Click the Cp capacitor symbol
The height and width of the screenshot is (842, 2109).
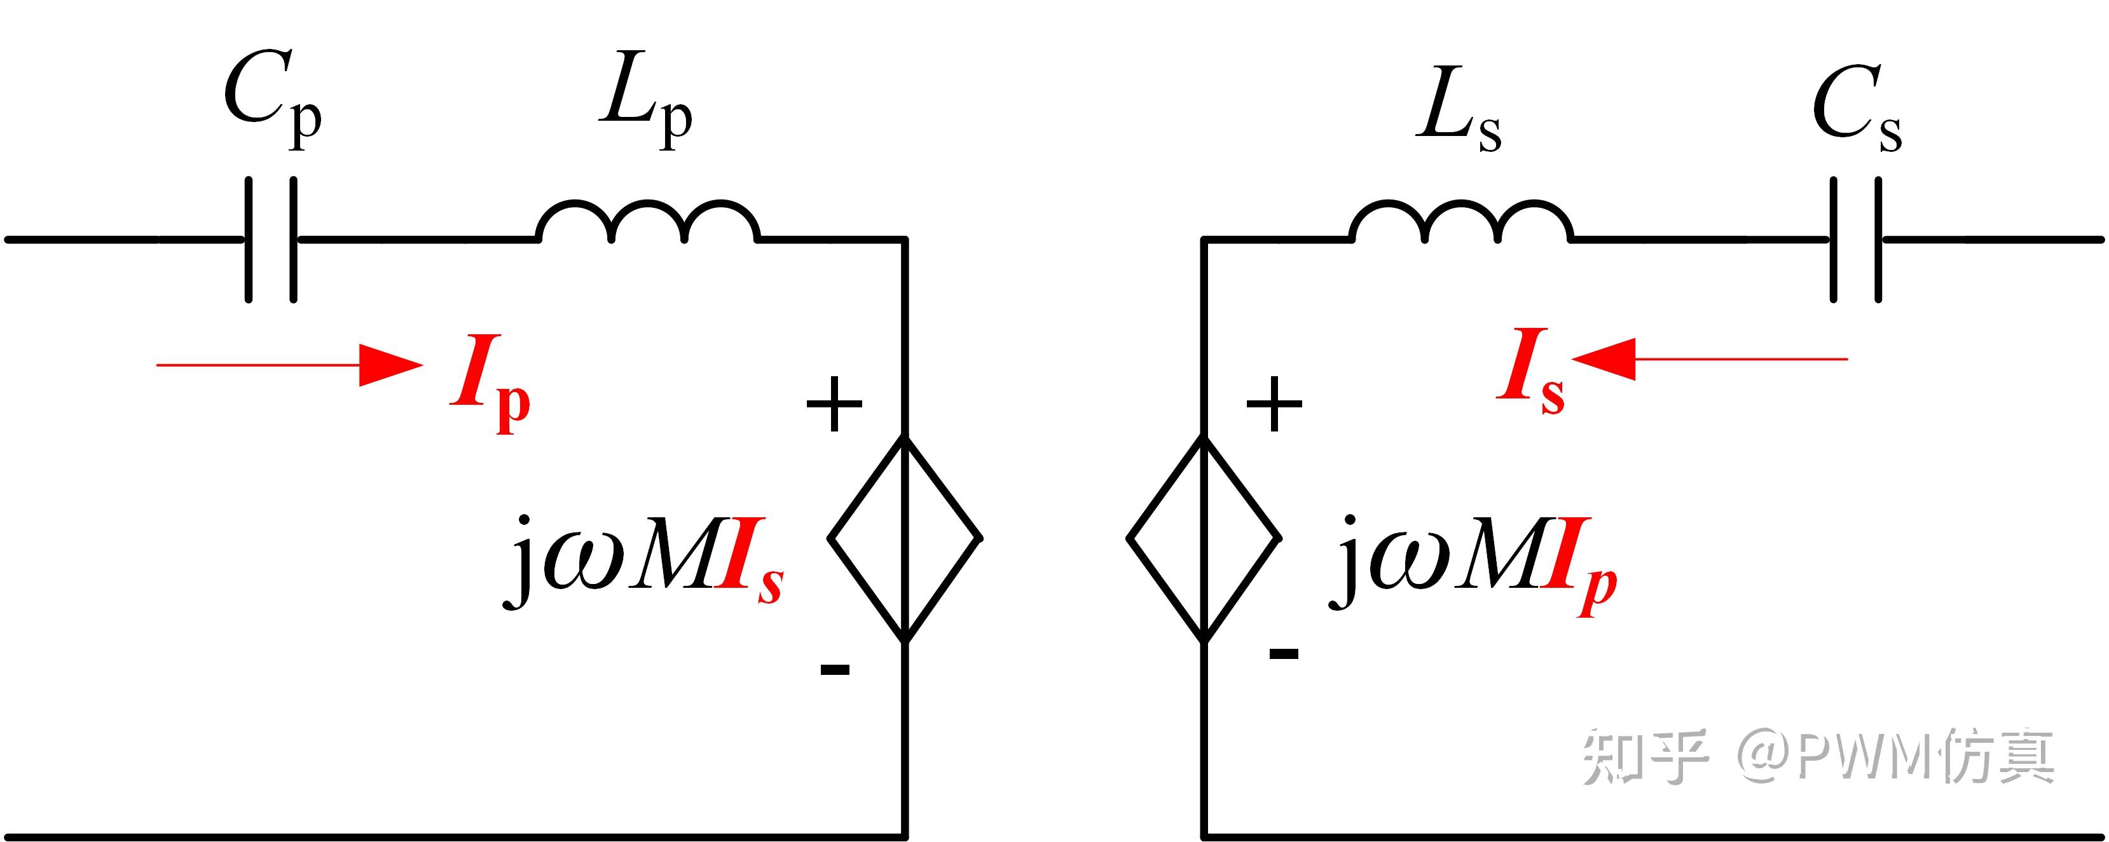[x=271, y=239]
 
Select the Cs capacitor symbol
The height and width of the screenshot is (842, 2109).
[x=1855, y=239]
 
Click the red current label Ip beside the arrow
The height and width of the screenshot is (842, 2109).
[x=490, y=381]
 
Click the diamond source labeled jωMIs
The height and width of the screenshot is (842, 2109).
[x=905, y=538]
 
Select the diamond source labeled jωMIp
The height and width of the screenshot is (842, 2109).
[x=1204, y=538]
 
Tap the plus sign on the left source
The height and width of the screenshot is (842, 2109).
[x=834, y=404]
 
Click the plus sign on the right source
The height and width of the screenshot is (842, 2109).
[x=1274, y=404]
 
